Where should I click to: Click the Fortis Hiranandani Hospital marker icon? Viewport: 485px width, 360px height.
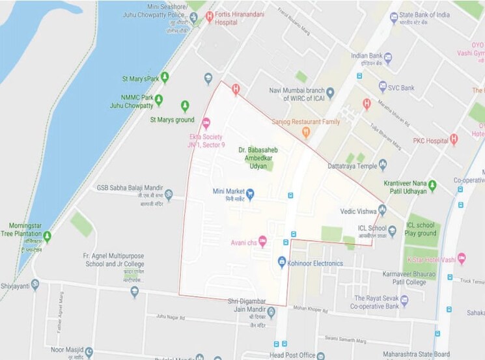click(210, 17)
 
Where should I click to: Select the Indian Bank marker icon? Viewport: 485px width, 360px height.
click(388, 59)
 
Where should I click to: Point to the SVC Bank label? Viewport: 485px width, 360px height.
click(402, 87)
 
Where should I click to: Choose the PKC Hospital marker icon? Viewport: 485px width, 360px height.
click(454, 139)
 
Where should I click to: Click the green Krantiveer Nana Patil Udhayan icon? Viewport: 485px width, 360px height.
click(432, 186)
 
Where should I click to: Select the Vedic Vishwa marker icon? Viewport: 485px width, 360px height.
click(382, 210)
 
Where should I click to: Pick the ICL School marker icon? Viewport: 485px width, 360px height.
click(392, 230)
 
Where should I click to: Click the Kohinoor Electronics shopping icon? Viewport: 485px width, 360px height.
click(282, 262)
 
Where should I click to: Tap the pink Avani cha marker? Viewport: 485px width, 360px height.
click(262, 242)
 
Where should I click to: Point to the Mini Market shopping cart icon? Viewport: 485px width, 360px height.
click(250, 193)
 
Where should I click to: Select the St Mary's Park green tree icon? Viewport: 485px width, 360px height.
click(165, 77)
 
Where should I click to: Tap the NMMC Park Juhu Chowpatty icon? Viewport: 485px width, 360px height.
click(158, 100)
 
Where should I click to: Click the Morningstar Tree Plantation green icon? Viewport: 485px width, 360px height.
click(47, 236)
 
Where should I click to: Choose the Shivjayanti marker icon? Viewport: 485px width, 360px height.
click(35, 284)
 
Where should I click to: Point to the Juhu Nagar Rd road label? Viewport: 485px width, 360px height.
click(171, 316)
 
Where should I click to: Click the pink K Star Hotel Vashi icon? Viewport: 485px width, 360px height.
click(462, 258)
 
